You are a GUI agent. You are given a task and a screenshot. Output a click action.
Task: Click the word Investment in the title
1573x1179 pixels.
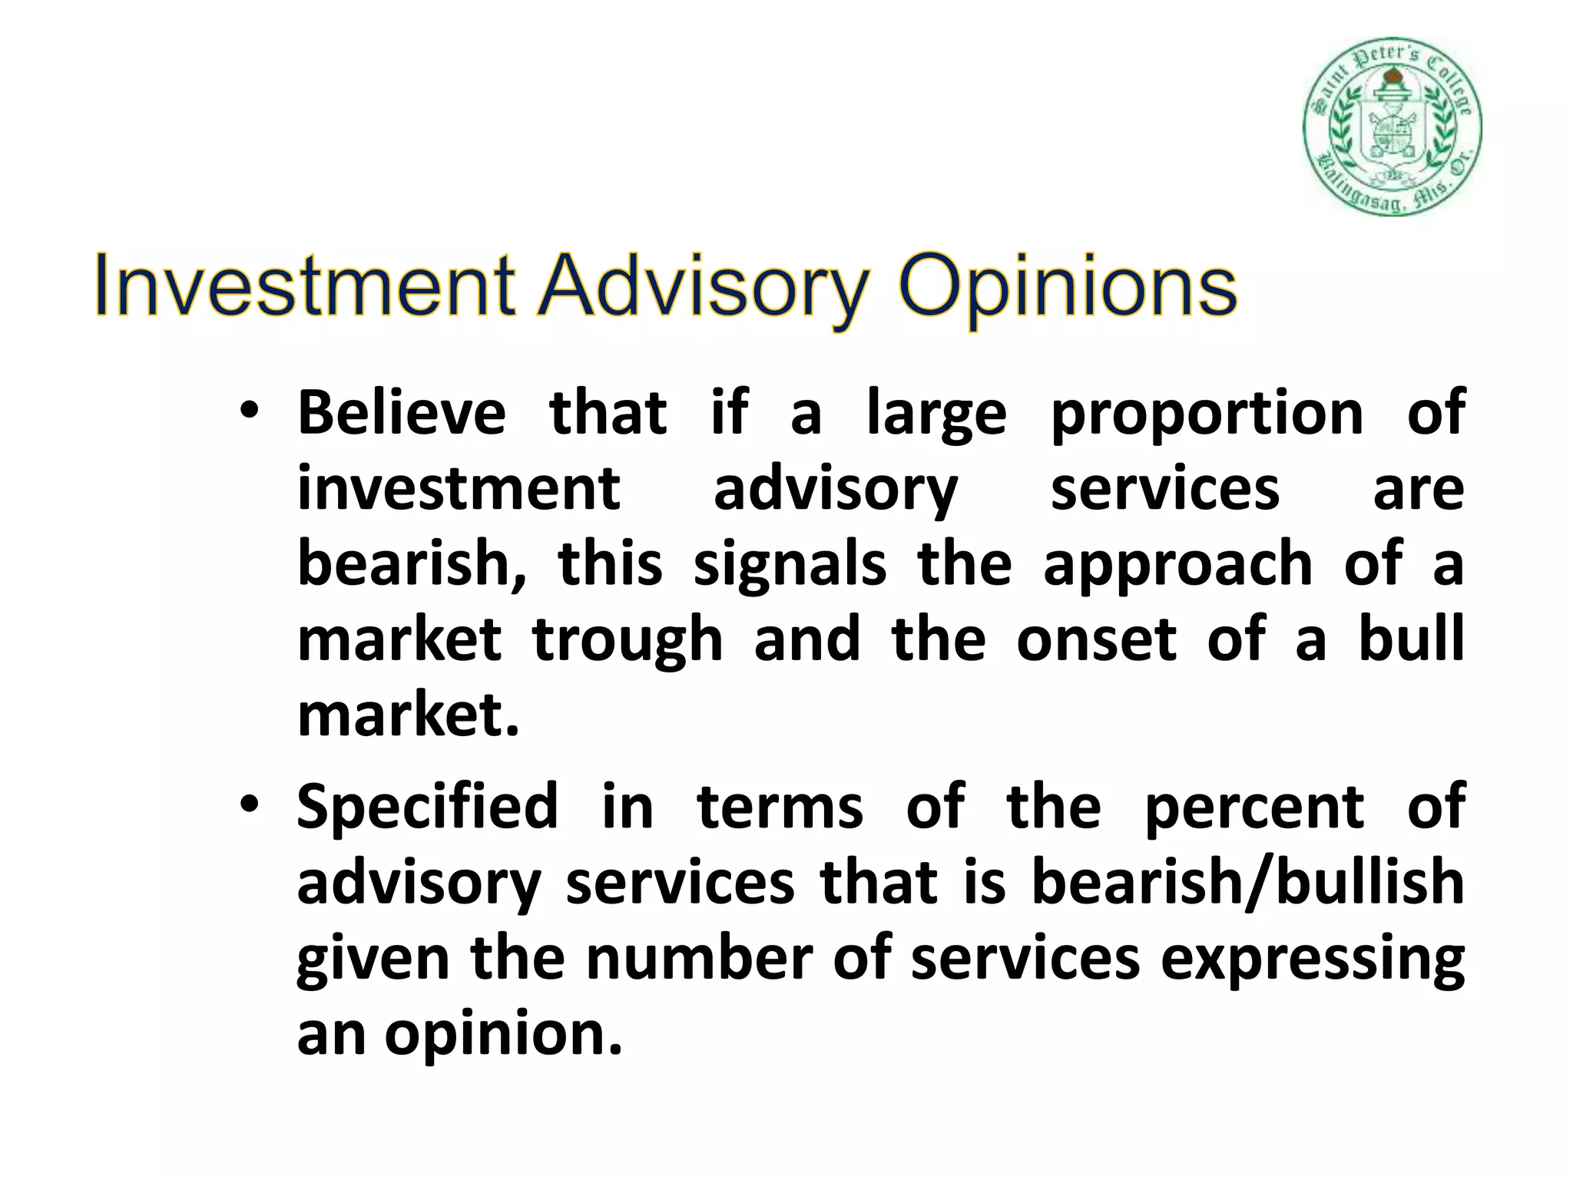pos(303,288)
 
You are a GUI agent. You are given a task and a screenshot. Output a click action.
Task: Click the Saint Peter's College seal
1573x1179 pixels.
pos(1392,127)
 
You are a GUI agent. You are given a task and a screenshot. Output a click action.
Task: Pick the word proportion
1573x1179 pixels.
pos(1207,415)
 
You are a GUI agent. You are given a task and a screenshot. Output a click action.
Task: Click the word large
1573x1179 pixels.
pos(936,415)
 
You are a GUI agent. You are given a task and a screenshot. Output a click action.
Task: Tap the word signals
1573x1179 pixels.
pos(790,566)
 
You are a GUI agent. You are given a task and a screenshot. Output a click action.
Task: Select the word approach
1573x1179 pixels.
pos(1177,566)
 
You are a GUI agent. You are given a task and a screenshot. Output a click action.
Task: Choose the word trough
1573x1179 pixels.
pos(628,642)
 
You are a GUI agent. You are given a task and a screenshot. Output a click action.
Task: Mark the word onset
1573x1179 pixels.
pos(1096,640)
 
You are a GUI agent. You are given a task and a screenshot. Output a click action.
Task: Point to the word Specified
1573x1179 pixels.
pos(427,808)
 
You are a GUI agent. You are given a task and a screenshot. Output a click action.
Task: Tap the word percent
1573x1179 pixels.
pos(1254,807)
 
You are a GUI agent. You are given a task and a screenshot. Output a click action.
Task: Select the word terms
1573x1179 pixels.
pos(780,807)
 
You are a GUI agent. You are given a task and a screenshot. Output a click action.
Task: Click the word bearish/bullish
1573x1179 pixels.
pos(1247,883)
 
